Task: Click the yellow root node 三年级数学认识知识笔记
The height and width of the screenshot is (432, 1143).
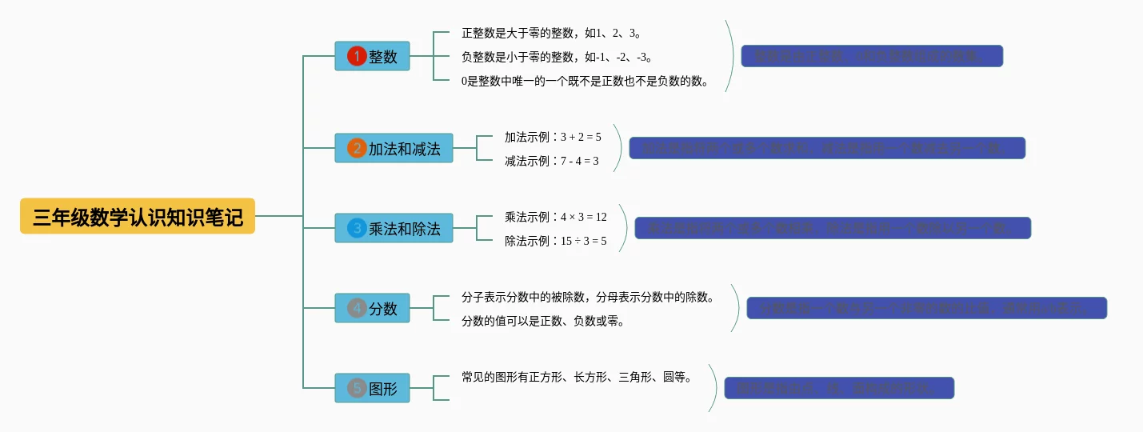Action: [138, 216]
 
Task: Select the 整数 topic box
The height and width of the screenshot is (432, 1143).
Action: [372, 56]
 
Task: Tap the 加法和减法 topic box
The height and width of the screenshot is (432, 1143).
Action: [394, 148]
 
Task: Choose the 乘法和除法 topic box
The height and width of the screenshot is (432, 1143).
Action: [394, 228]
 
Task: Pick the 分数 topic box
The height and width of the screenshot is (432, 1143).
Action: [372, 308]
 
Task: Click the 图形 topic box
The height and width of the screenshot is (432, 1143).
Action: [372, 388]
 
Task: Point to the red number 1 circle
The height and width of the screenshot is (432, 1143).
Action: [356, 56]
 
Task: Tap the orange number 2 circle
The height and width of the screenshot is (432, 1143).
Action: [356, 148]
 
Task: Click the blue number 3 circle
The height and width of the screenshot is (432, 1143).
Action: [356, 228]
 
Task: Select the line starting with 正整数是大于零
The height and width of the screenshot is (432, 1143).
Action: [551, 33]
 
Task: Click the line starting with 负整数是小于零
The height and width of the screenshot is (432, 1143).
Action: [557, 57]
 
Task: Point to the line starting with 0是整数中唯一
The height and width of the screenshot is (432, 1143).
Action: [585, 81]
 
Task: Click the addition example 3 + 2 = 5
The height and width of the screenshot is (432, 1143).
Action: [553, 137]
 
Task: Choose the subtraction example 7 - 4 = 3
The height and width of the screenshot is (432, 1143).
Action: [551, 161]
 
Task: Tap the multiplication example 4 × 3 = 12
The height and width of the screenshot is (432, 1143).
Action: [555, 217]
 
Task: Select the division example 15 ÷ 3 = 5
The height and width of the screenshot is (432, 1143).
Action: [555, 241]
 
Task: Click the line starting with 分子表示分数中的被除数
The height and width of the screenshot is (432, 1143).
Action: [587, 297]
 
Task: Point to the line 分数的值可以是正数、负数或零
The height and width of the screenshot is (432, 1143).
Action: [542, 321]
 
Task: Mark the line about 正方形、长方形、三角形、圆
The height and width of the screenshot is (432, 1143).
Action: [576, 377]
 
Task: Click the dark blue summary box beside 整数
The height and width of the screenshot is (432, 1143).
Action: [872, 56]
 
